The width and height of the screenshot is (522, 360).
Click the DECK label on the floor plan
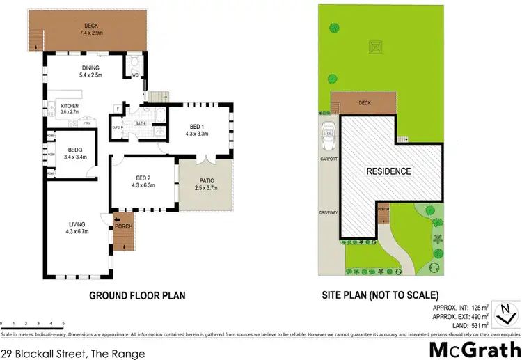click(91, 29)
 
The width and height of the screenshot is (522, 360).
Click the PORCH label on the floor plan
click(123, 226)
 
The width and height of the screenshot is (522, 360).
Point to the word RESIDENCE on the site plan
click(389, 171)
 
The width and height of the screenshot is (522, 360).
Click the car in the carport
click(327, 136)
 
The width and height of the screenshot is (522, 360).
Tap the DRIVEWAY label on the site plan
click(329, 212)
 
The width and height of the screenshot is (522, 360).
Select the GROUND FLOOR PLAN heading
click(137, 296)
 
